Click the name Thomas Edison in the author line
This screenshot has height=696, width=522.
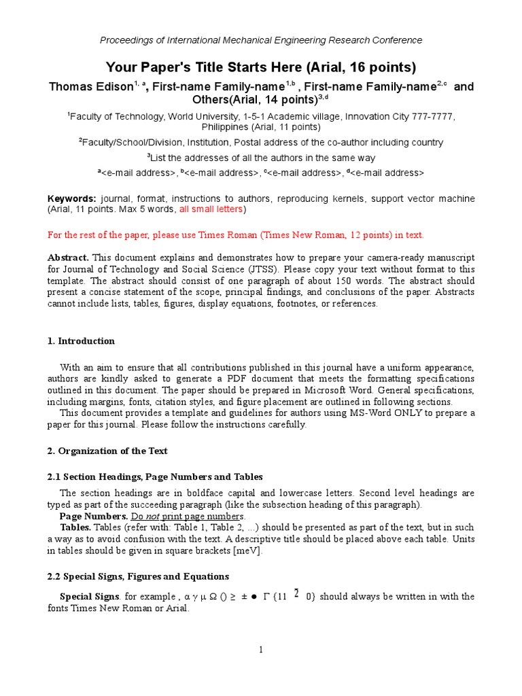90,87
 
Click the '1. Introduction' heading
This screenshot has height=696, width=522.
81,341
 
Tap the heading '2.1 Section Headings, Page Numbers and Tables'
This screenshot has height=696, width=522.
155,476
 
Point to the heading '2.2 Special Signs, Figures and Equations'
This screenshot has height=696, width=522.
138,576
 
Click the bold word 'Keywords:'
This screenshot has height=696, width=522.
71,198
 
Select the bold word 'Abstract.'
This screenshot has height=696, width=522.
68,258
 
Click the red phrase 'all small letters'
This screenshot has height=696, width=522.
211,209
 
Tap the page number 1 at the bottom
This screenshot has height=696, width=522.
260,650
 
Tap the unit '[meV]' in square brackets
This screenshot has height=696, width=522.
247,551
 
